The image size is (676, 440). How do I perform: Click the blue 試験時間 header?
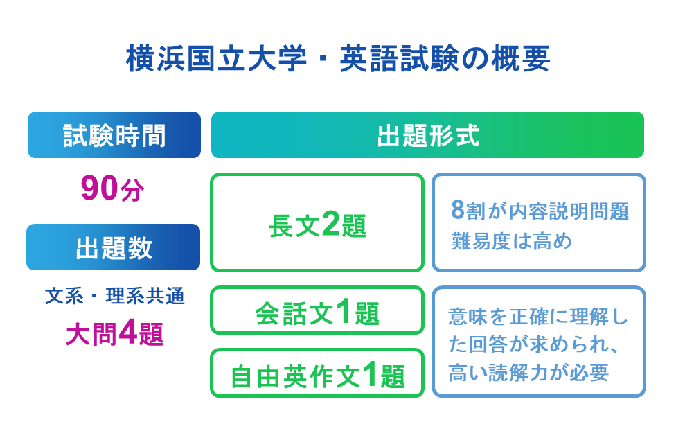[114, 135]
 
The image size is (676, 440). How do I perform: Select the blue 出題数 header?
[114, 247]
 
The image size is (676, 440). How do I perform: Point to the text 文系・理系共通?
[114, 297]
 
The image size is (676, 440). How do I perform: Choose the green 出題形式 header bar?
[427, 135]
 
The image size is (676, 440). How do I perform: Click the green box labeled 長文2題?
[317, 223]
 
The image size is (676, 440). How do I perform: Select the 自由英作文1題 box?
[317, 374]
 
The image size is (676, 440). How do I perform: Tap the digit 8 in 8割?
[456, 209]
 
